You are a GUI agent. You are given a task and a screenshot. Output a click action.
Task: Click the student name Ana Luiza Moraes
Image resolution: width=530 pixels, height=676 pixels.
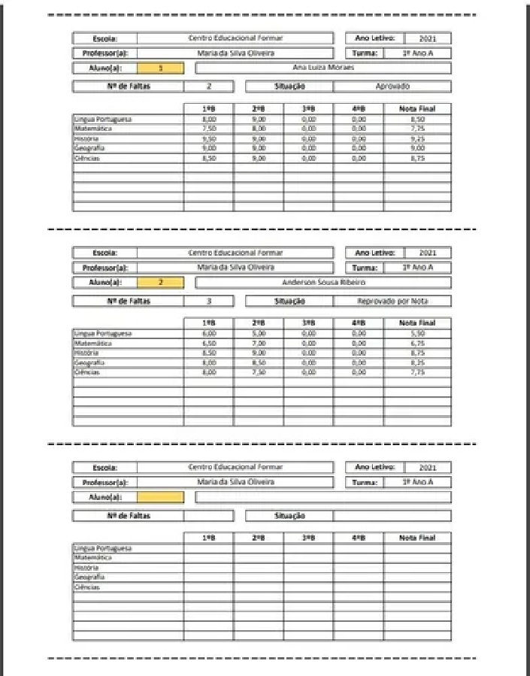coord(323,68)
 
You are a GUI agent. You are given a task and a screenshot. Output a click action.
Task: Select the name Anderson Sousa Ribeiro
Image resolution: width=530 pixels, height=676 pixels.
coord(323,283)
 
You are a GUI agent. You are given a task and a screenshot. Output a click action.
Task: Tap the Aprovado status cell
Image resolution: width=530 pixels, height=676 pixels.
coord(392,86)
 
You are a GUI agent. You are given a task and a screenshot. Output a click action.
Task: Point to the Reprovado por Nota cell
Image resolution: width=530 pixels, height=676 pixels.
coord(392,302)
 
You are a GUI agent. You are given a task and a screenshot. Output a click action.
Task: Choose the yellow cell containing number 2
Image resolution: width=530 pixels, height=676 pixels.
coord(160,283)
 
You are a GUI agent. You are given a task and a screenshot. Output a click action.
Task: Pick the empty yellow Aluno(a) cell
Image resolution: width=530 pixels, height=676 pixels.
coord(160,497)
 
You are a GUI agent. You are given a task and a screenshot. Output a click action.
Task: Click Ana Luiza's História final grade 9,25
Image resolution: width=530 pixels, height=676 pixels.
coord(417,139)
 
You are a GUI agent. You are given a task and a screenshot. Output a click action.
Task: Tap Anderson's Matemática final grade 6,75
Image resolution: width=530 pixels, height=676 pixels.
coord(417,343)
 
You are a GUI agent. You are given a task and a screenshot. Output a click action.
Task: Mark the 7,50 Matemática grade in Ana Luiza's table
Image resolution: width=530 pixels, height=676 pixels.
coord(208,129)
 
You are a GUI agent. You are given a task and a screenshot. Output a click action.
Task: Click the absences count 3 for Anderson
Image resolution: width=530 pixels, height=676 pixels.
coord(208,302)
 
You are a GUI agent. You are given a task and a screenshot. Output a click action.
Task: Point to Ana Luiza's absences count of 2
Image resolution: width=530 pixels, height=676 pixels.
coord(208,86)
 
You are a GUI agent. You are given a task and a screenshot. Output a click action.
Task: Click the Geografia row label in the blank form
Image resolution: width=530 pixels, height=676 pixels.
coord(89,577)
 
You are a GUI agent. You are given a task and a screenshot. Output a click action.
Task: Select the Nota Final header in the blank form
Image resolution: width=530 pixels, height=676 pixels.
coord(417,538)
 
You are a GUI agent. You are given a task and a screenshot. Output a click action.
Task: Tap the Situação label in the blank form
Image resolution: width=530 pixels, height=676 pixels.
coord(289,516)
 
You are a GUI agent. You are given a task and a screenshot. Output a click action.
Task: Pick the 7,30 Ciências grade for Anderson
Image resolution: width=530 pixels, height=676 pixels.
coord(258,372)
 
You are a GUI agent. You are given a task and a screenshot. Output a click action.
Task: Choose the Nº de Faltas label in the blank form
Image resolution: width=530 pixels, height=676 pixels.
coord(128,516)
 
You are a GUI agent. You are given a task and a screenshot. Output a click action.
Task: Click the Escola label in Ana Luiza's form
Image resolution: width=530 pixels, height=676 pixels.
coord(104,38)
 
